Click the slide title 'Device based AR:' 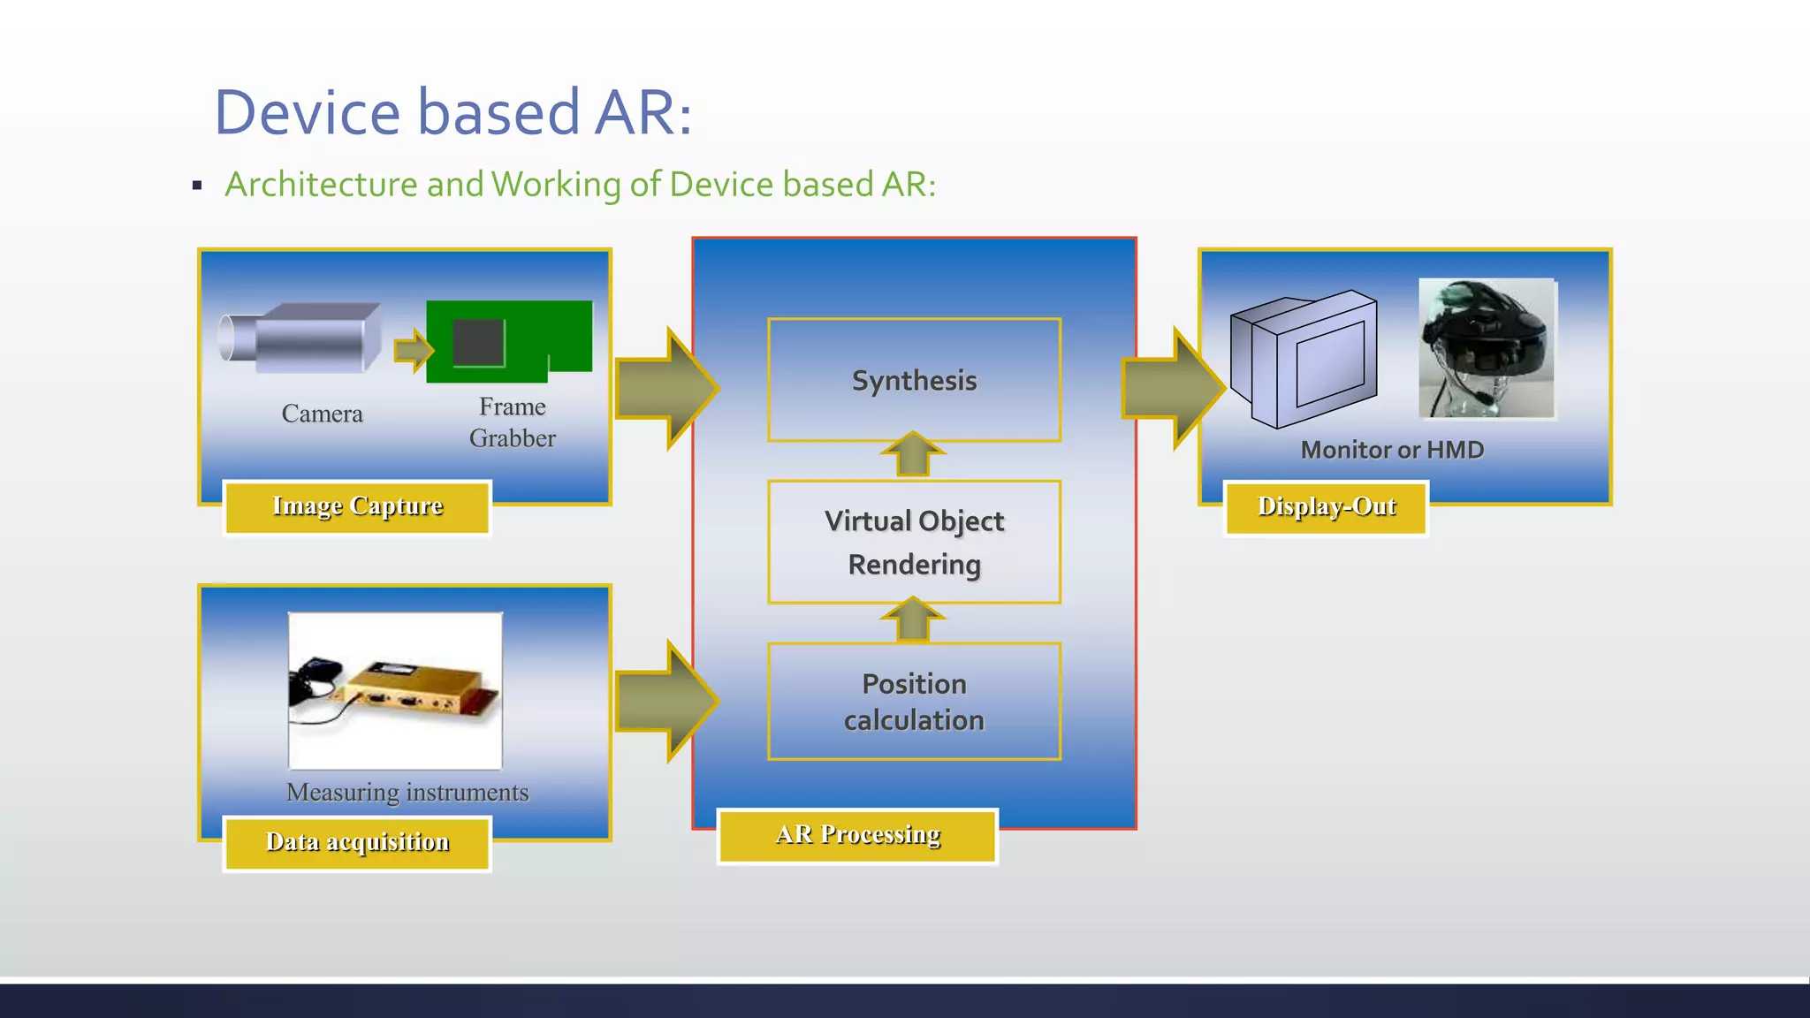[x=452, y=113]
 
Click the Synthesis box [x=914, y=380]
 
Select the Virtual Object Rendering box [x=914, y=542]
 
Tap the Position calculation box [x=914, y=702]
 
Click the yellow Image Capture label [x=357, y=506]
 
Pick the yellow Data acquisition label [x=357, y=843]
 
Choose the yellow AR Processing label [x=857, y=835]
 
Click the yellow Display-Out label [x=1326, y=507]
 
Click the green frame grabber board [x=508, y=341]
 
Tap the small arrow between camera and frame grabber [x=413, y=351]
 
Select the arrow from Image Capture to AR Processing [x=665, y=388]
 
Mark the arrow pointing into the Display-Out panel [x=1172, y=388]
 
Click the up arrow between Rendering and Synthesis [x=913, y=454]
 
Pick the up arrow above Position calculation [x=913, y=619]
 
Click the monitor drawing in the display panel [x=1304, y=359]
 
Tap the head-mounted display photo [x=1486, y=348]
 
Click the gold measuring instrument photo [x=395, y=690]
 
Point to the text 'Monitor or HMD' [x=1392, y=451]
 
